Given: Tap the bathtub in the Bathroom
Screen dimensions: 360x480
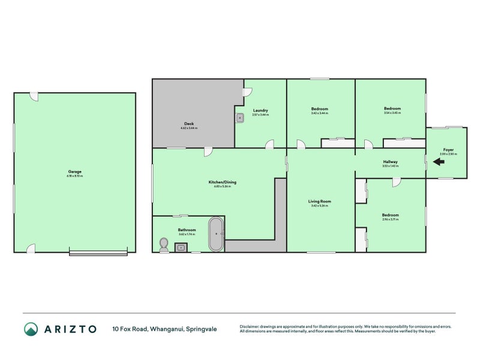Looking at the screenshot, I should click(216, 234).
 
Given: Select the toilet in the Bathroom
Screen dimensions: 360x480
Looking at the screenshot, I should click(164, 244).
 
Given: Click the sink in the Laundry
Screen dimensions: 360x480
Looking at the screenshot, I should click(239, 118).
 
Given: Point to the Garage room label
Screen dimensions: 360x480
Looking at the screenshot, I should click(74, 172).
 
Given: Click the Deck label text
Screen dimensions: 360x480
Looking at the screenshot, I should click(189, 124).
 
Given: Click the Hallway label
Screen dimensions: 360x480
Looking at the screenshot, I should click(390, 162).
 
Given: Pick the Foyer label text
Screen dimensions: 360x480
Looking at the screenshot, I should click(448, 150).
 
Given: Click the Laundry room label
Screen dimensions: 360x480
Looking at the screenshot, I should click(260, 110).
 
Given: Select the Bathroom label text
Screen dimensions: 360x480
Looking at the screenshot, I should click(187, 230).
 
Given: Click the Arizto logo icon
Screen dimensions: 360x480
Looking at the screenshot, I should click(31, 329).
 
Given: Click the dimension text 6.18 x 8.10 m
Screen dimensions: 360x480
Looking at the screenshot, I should click(74, 176).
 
